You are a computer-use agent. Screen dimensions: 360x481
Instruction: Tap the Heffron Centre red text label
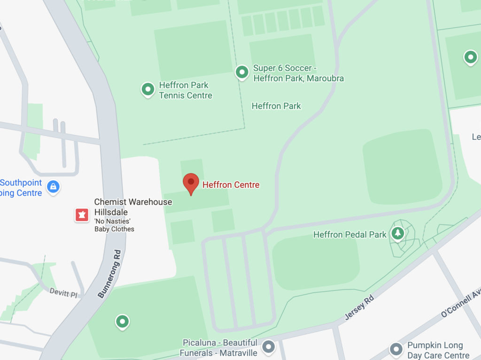coord(231,185)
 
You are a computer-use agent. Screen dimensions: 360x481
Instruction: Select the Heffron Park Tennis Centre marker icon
coord(148,89)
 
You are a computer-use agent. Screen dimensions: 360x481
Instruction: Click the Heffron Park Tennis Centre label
coord(185,90)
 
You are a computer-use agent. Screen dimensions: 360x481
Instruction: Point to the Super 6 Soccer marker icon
coord(242,72)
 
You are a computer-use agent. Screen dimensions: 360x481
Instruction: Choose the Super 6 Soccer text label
coord(298,73)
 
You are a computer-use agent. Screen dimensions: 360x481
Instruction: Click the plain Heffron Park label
coord(276,106)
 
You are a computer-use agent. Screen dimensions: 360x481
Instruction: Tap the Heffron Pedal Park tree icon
coord(398,233)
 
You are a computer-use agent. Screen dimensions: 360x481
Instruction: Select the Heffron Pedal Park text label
coord(349,235)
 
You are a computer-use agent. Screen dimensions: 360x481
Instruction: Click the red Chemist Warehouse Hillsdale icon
coord(82,215)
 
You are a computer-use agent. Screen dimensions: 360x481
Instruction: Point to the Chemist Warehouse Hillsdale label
coord(133,207)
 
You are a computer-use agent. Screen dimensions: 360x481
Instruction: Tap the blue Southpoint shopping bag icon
coord(54,187)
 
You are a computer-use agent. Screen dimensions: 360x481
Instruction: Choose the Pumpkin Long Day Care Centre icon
coord(396,350)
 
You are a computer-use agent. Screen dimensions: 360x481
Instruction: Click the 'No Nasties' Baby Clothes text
coord(114,225)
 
